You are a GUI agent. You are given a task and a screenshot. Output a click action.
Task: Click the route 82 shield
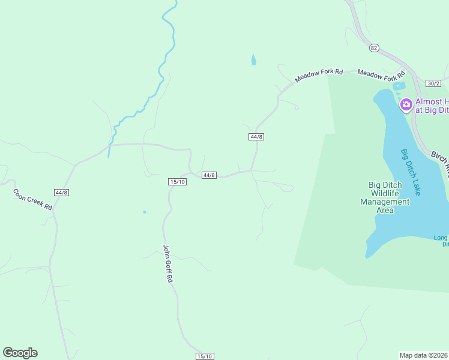point(375,47)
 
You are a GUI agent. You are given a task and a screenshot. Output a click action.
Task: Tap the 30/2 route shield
point(433,83)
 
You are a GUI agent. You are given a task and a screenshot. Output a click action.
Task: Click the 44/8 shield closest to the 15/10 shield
point(208,175)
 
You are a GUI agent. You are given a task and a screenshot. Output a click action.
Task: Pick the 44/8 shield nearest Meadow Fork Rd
point(256,137)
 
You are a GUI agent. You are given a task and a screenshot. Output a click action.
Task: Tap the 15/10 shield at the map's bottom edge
point(204,356)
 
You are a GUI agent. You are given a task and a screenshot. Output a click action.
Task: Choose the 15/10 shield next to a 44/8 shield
point(177,181)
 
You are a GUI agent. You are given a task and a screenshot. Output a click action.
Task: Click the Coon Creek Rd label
point(33,199)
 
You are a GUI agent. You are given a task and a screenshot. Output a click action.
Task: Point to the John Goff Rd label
point(169,263)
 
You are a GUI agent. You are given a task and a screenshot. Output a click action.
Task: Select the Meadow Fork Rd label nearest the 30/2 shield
point(382,76)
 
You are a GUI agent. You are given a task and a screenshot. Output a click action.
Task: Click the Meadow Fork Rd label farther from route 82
point(318,76)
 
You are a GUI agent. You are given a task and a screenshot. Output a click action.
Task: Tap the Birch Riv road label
point(439,163)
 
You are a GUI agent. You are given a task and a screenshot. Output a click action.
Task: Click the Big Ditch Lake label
point(410,171)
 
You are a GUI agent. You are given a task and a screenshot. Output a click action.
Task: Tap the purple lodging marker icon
point(406,106)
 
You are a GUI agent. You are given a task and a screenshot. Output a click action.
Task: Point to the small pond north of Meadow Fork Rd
point(253,59)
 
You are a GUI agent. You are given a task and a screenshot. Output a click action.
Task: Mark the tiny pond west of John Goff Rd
point(144,212)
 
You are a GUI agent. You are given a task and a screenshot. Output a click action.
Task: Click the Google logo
point(20,353)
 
